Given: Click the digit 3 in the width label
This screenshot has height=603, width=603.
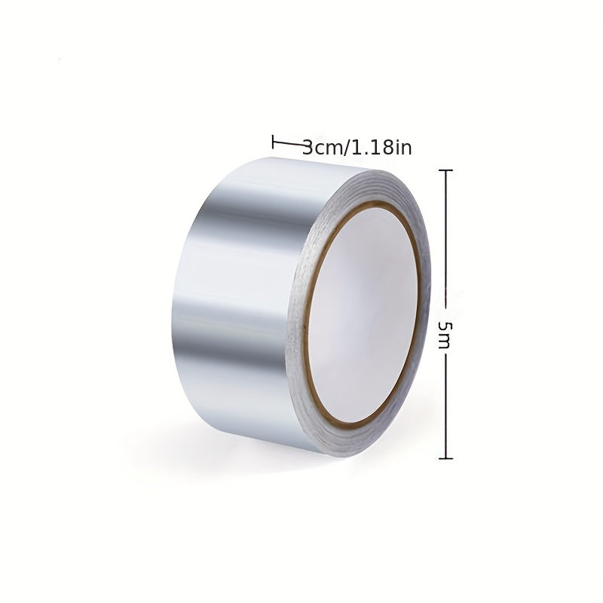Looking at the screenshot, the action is click(x=308, y=148).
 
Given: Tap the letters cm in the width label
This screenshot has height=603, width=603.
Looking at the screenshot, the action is click(x=328, y=149).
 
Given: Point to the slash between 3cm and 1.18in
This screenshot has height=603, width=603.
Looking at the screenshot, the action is click(x=346, y=148).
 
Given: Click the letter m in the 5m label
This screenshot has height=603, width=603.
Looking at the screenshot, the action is click(x=444, y=342).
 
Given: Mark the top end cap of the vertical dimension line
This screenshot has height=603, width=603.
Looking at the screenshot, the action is click(x=445, y=170).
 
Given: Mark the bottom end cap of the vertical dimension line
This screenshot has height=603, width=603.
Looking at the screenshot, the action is click(x=445, y=458).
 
